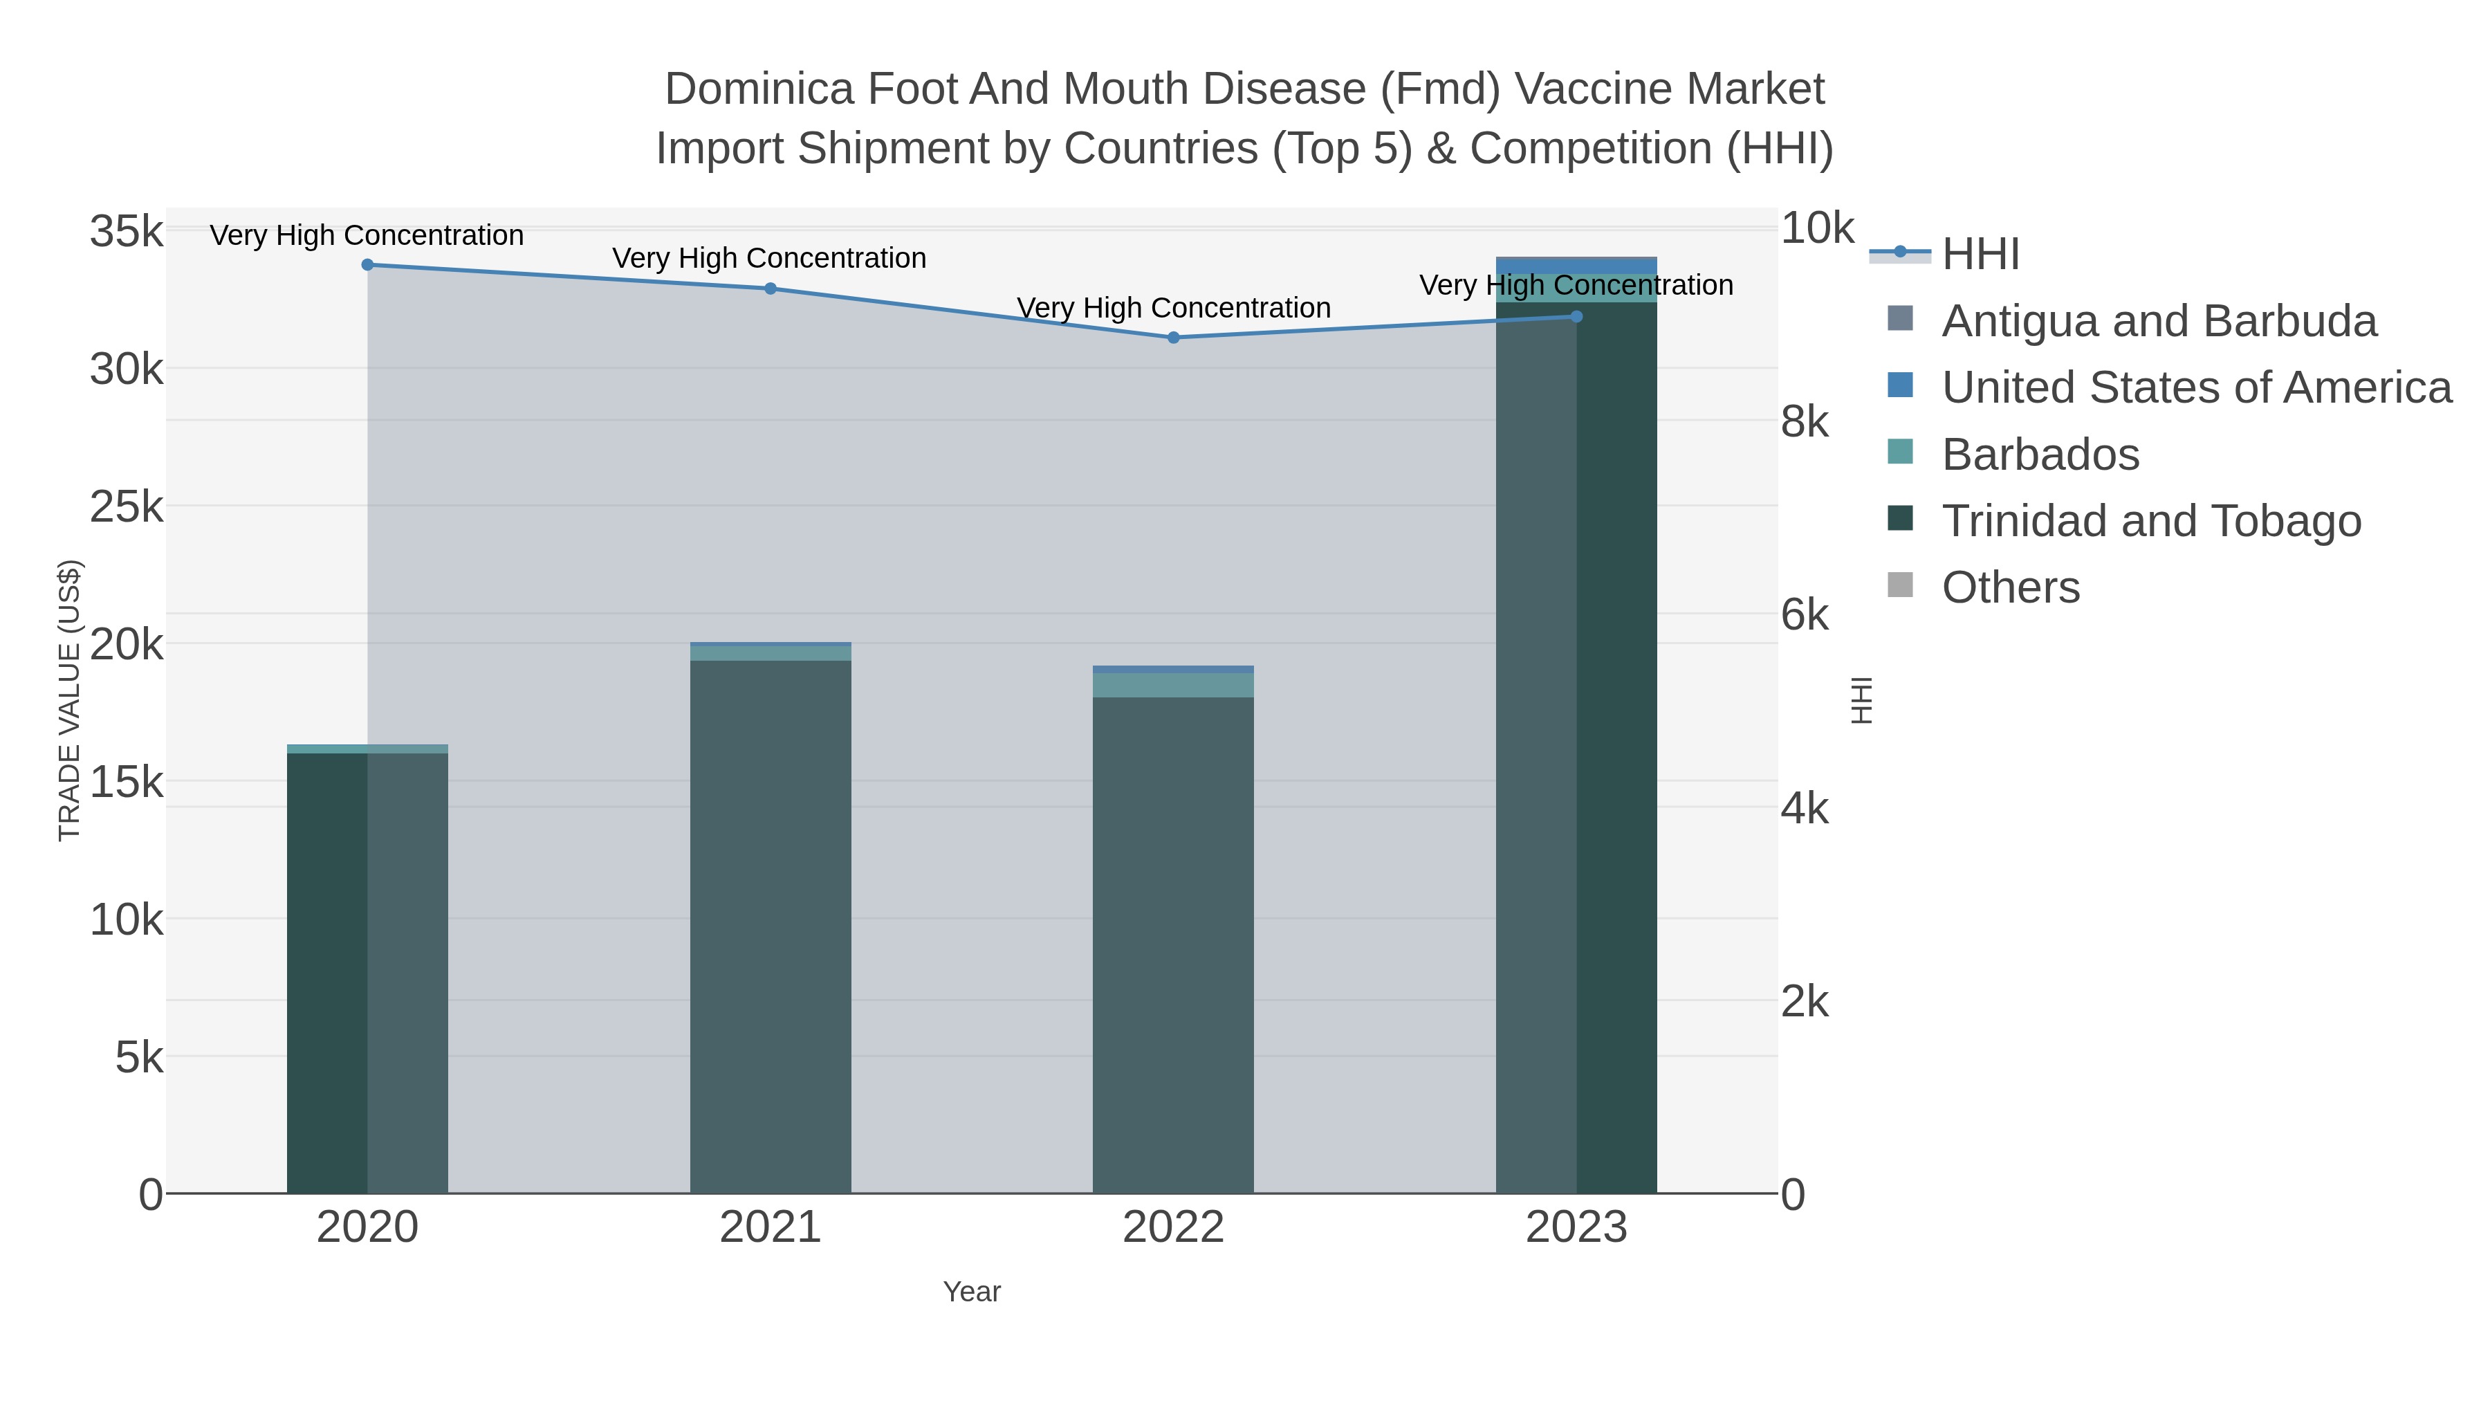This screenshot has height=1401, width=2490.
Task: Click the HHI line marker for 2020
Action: tap(367, 265)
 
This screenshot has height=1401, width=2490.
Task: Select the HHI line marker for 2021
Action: tap(771, 288)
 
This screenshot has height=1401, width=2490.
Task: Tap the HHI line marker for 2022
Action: tap(1174, 338)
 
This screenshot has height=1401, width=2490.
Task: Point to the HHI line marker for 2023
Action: tap(1576, 316)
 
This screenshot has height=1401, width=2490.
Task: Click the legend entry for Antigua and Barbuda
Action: tap(2159, 321)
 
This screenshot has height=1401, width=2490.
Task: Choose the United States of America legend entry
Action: tap(2196, 387)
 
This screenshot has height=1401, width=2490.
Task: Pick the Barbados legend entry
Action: tap(2040, 455)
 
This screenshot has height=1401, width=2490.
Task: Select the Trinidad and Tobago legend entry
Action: tap(2150, 521)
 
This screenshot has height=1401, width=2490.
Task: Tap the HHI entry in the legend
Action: tap(1980, 255)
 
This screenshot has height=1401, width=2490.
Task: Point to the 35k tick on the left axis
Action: tap(127, 232)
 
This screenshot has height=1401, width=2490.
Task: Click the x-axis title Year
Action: tap(972, 1292)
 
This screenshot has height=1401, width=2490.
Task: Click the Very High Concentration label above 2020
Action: tap(367, 236)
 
